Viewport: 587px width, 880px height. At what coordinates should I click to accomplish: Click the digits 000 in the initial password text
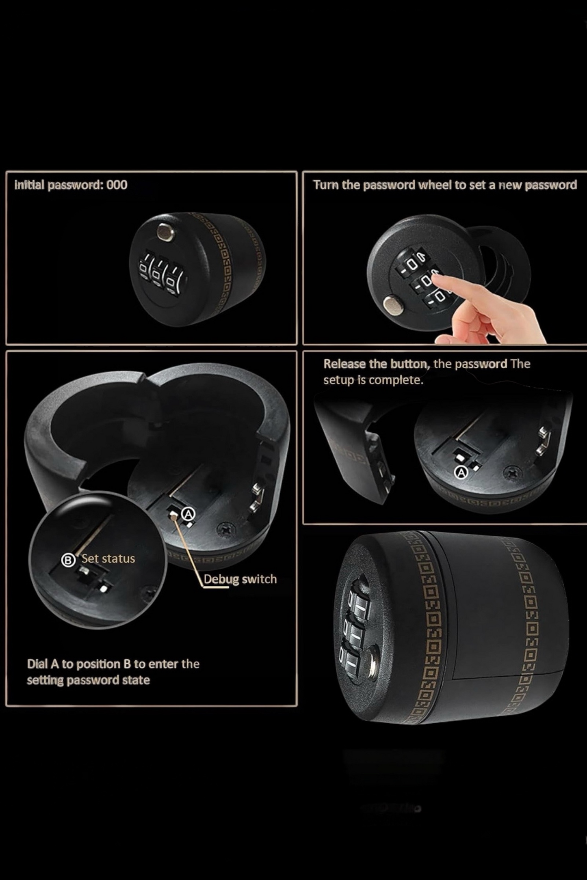pyautogui.click(x=117, y=185)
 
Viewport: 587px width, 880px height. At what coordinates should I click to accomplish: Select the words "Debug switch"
pyautogui.click(x=240, y=579)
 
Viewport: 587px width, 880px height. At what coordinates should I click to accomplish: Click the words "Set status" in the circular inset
pyautogui.click(x=108, y=559)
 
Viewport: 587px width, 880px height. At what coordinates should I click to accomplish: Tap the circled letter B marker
pyautogui.click(x=68, y=560)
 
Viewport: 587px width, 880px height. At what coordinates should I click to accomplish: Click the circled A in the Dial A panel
pyautogui.click(x=188, y=514)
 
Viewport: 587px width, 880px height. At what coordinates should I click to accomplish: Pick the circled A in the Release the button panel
pyautogui.click(x=461, y=472)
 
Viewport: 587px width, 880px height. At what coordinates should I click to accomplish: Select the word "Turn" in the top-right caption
pyautogui.click(x=325, y=185)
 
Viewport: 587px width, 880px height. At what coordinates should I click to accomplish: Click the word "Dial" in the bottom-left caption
pyautogui.click(x=37, y=664)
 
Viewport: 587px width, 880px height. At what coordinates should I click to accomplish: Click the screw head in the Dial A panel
pyautogui.click(x=224, y=528)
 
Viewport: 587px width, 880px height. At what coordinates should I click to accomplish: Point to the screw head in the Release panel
pyautogui.click(x=513, y=472)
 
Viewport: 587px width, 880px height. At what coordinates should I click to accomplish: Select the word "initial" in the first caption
pyautogui.click(x=29, y=185)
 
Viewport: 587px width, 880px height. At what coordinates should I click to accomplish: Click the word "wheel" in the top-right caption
pyautogui.click(x=435, y=185)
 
